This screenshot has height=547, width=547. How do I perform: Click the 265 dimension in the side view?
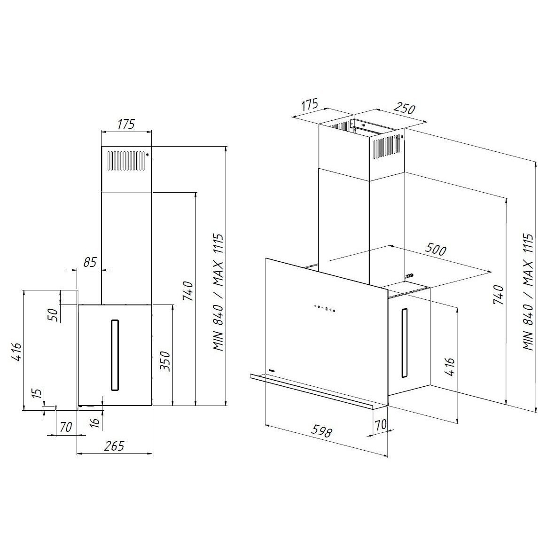(114, 445)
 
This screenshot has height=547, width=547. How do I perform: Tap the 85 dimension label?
(90, 262)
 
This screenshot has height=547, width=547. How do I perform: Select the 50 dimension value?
(53, 315)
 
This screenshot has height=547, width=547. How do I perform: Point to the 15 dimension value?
(38, 393)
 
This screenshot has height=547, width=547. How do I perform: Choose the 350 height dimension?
(164, 361)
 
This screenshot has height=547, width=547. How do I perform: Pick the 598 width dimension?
(321, 431)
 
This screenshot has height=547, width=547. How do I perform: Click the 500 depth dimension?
(436, 250)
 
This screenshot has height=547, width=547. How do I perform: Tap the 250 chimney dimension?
(404, 108)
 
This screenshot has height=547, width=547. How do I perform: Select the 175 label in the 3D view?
(309, 105)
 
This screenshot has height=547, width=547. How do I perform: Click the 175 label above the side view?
(126, 124)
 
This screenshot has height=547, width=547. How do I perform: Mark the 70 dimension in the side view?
(66, 427)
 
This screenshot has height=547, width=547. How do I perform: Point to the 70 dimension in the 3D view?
(381, 424)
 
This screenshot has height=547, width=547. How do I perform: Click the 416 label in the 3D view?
(450, 366)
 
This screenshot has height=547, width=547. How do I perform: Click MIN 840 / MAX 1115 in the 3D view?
(528, 292)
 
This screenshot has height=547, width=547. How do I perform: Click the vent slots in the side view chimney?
(126, 160)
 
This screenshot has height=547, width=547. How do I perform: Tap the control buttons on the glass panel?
(324, 308)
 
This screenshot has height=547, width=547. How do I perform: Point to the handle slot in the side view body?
(115, 355)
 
